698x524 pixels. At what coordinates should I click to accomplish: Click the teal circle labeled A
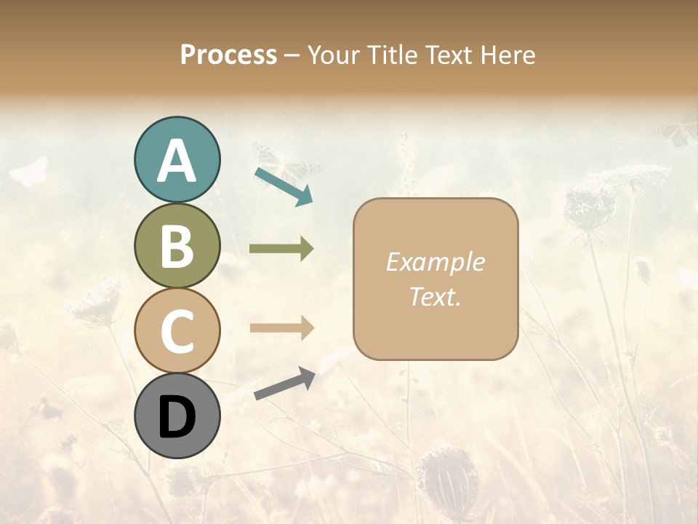tap(177, 160)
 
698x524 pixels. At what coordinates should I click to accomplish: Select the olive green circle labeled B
tap(177, 246)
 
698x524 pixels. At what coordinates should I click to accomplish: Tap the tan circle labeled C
tap(177, 330)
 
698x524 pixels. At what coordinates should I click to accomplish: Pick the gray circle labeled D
tap(177, 416)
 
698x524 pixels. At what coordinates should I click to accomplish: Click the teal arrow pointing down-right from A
tap(284, 186)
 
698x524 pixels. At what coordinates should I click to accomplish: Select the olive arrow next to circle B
tap(281, 249)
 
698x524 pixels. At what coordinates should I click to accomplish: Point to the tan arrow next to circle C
tap(281, 328)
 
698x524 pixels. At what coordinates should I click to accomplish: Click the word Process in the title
tap(228, 55)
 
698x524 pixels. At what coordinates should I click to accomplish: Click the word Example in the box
tap(435, 262)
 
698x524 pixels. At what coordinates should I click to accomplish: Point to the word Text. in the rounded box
tap(435, 296)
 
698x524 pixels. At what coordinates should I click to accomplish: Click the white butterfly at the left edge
tap(29, 172)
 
